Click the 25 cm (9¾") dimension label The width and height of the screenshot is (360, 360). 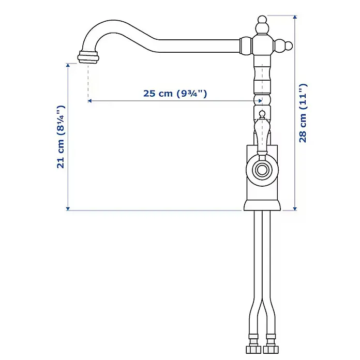[175, 94]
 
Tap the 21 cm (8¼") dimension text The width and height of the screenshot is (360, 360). [61, 137]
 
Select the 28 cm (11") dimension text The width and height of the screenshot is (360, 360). [303, 113]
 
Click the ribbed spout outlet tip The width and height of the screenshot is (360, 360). [88, 57]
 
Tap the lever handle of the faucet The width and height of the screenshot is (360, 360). [262, 137]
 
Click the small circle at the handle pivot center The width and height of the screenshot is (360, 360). [262, 170]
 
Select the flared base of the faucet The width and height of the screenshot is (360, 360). [262, 205]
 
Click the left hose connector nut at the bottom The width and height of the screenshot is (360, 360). [253, 350]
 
